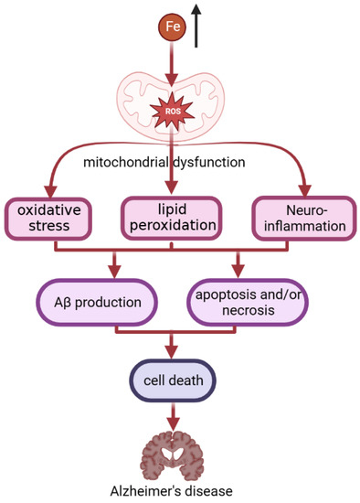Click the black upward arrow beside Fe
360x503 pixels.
197,26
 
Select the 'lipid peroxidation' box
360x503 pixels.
171,216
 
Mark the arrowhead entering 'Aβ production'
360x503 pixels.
114,271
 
